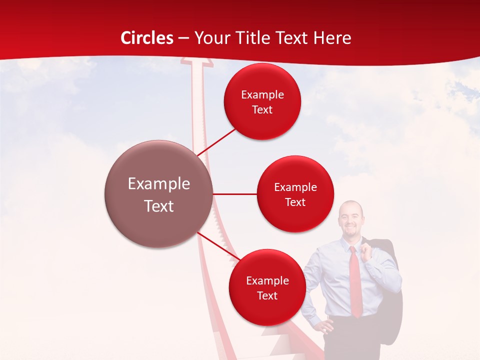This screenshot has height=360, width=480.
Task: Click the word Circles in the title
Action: (x=146, y=38)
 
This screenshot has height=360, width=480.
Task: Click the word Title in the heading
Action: (x=262, y=38)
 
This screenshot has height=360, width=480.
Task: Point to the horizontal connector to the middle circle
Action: (x=235, y=194)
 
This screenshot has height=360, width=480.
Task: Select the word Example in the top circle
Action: (x=262, y=94)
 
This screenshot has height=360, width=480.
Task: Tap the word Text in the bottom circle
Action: (x=267, y=295)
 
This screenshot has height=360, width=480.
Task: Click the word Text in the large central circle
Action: (x=158, y=206)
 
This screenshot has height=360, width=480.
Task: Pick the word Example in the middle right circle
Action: (x=295, y=187)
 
